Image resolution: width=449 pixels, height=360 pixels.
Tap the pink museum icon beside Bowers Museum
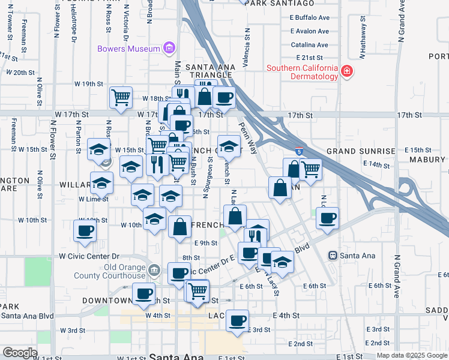(169, 48)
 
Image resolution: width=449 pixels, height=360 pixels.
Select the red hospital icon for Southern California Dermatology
(346, 72)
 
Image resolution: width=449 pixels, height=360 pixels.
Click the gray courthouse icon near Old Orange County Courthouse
(154, 270)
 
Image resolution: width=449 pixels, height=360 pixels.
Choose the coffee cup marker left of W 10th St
(84, 230)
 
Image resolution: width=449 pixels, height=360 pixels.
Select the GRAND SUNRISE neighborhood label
(361, 151)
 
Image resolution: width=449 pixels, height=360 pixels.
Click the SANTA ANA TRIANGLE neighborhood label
(208, 71)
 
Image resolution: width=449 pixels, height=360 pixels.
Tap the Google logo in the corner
(20, 353)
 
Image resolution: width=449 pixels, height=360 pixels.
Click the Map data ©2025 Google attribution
(412, 355)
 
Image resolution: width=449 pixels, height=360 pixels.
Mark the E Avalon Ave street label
(309, 31)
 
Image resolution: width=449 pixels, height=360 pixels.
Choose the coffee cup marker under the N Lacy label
(327, 218)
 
